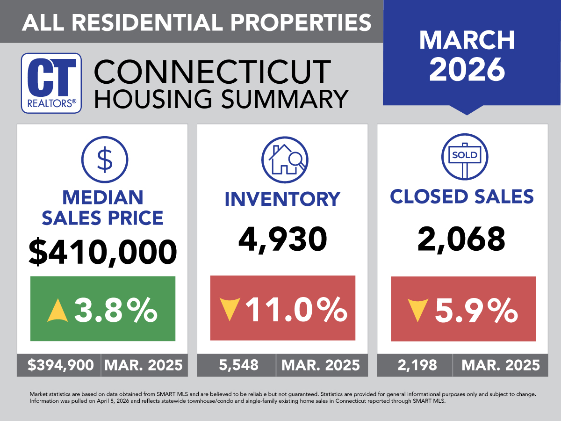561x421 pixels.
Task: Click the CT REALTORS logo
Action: (x=51, y=83)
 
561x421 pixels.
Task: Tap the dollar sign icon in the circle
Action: (x=105, y=160)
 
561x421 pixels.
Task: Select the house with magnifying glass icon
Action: (x=285, y=160)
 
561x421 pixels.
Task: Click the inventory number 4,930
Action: (x=283, y=239)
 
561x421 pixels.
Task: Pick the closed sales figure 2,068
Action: (x=463, y=239)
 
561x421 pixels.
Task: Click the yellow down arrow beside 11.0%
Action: (x=229, y=309)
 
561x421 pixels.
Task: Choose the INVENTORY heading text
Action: (x=282, y=198)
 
